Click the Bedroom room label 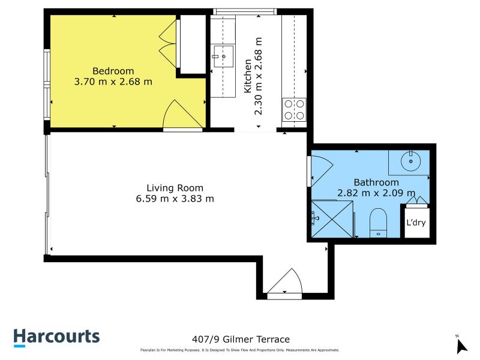113,71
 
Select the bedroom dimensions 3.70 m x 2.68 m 113,82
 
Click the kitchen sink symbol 223,58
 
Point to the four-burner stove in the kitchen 294,109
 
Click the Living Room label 175,187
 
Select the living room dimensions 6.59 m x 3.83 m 175,198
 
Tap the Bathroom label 376,182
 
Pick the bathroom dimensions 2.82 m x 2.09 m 376,193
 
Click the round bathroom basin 411,161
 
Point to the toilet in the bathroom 378,222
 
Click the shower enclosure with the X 331,219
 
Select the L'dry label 416,223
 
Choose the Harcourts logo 57,337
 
